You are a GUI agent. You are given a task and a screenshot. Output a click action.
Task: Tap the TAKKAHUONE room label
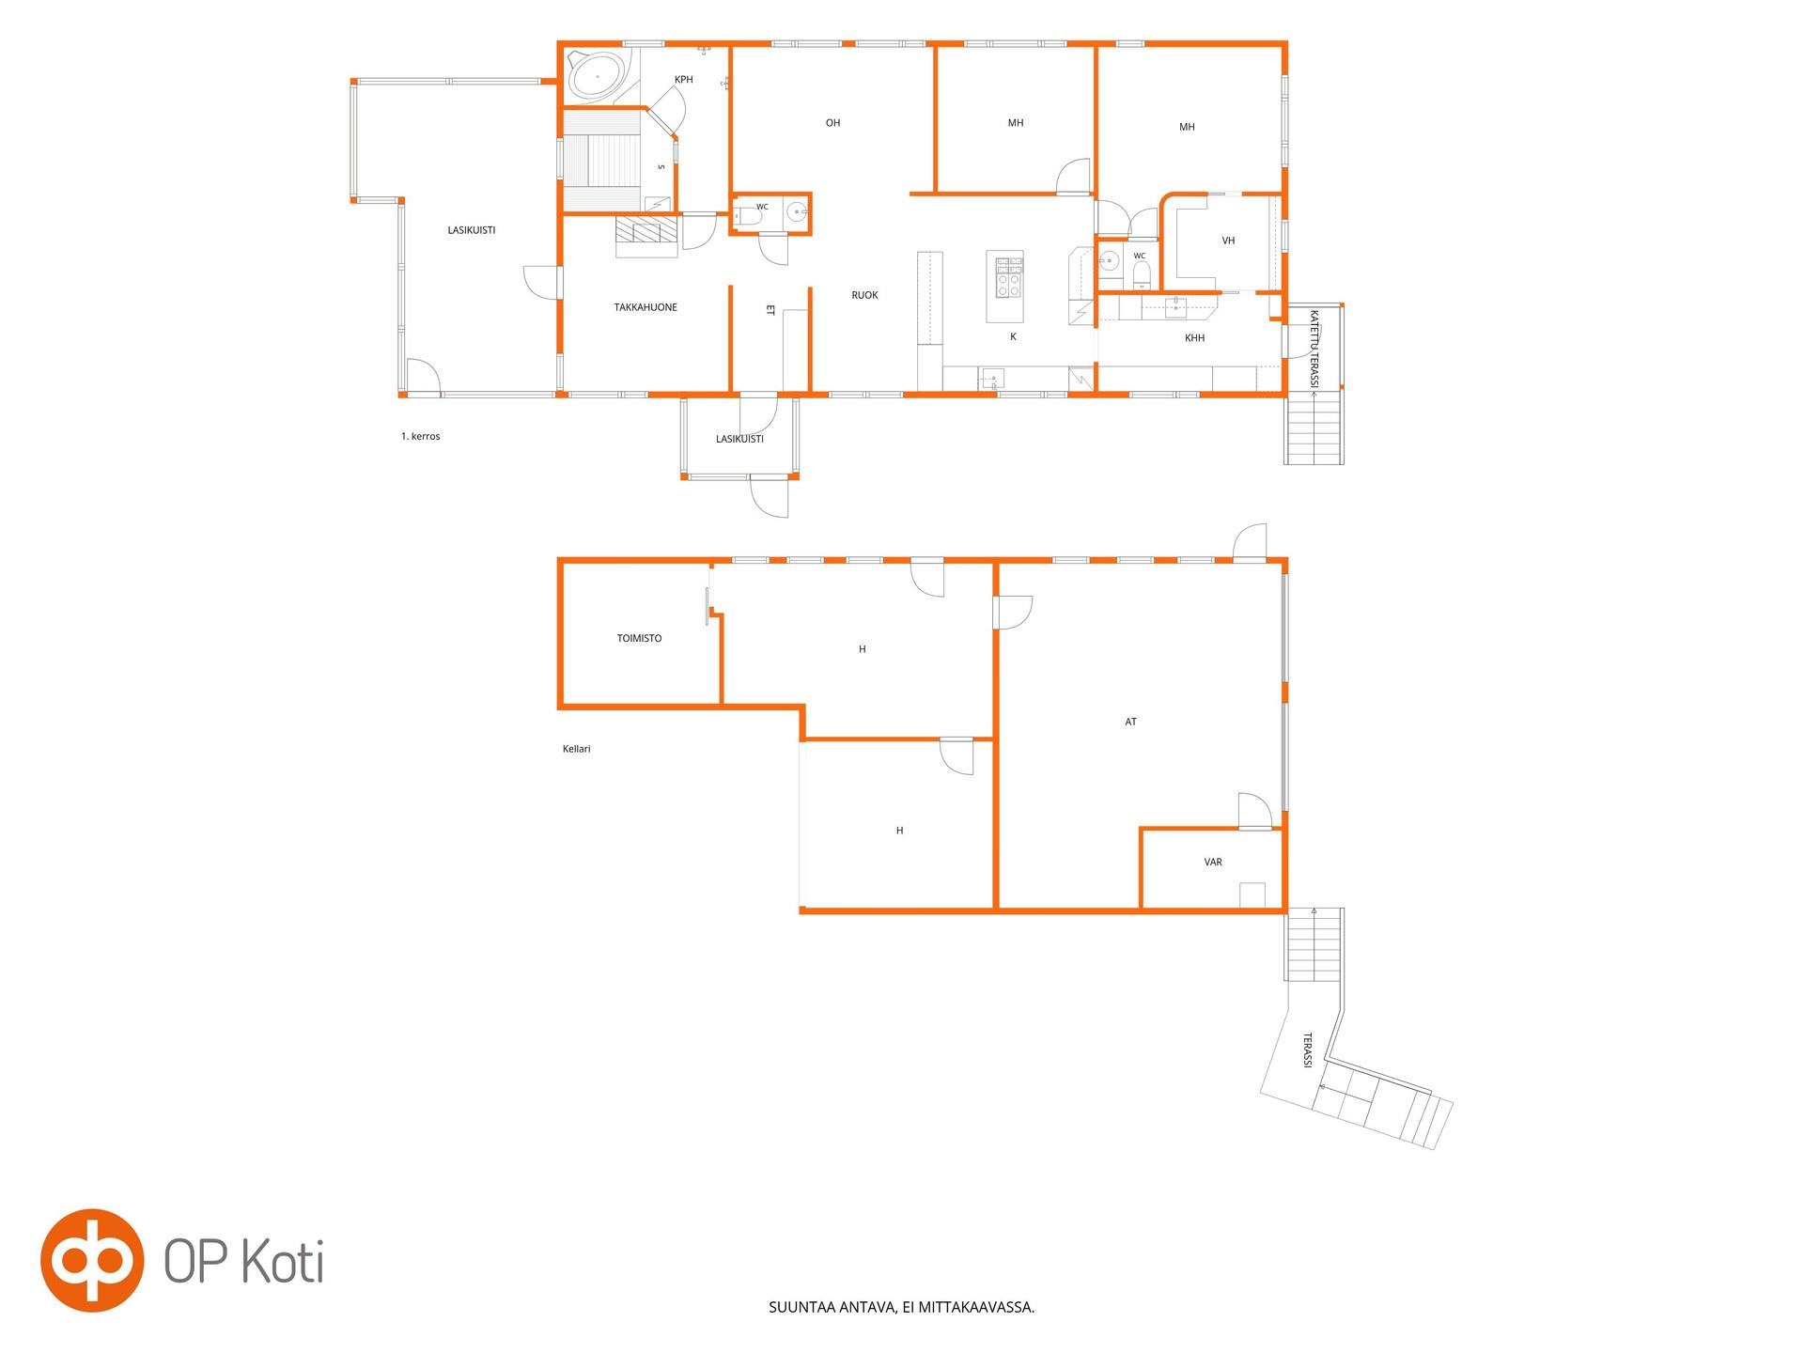(x=645, y=307)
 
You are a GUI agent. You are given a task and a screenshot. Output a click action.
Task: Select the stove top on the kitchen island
(x=1009, y=277)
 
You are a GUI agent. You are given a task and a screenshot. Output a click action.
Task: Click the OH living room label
(x=832, y=123)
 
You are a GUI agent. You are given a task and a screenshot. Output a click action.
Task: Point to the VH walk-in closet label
(x=1228, y=241)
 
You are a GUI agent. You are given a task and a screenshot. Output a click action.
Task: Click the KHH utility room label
(x=1194, y=338)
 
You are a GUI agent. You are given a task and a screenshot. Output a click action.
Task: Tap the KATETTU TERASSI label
(x=1314, y=349)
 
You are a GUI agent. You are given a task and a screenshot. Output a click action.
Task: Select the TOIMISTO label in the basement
(x=639, y=638)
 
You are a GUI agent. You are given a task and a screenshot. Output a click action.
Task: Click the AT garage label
(x=1131, y=722)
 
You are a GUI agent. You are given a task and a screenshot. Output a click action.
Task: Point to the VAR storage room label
(x=1213, y=862)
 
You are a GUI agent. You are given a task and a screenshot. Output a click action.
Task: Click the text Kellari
(x=576, y=749)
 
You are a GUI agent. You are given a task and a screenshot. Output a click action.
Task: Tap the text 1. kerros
(x=420, y=436)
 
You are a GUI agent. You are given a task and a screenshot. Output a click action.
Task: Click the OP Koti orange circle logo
(x=91, y=1259)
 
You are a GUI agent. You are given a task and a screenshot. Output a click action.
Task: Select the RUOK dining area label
(x=864, y=295)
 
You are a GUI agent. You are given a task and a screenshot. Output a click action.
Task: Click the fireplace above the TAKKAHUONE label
(x=646, y=236)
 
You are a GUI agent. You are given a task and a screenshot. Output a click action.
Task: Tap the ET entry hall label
(x=770, y=309)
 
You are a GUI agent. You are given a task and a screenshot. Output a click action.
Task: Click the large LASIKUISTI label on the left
(x=471, y=230)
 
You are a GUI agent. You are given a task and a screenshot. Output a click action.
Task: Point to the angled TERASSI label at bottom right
(x=1307, y=1050)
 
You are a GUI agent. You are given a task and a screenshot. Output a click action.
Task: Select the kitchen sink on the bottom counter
(x=992, y=379)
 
